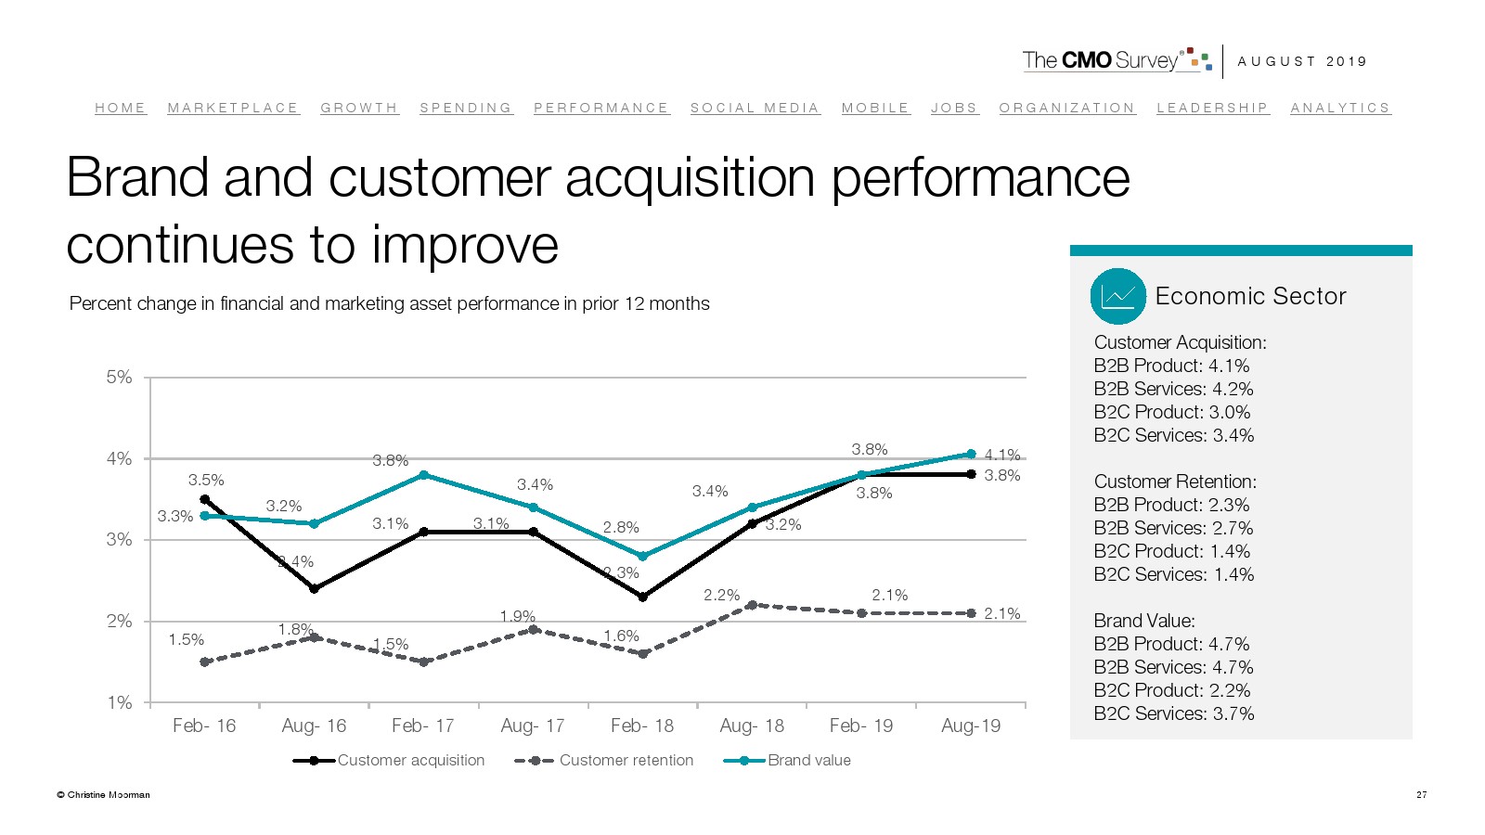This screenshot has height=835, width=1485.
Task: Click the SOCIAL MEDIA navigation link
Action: click(x=755, y=108)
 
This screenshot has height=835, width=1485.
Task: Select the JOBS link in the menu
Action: click(x=954, y=108)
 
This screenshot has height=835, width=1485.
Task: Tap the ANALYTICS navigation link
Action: click(x=1340, y=108)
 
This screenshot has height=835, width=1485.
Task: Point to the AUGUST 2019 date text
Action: click(x=1302, y=61)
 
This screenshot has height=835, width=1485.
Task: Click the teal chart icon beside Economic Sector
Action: click(x=1117, y=296)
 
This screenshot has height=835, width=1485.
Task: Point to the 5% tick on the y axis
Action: click(x=120, y=378)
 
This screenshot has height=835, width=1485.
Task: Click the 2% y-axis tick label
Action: click(x=120, y=621)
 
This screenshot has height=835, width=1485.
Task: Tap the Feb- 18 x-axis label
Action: click(x=642, y=726)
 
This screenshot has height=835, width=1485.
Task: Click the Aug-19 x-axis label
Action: click(x=971, y=726)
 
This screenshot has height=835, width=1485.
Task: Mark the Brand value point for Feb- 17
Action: click(x=424, y=475)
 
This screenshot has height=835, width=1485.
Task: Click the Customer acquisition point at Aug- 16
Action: click(x=315, y=589)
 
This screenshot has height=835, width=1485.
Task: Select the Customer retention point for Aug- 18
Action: click(x=752, y=605)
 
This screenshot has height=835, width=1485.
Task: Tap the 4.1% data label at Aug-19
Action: click(x=1002, y=455)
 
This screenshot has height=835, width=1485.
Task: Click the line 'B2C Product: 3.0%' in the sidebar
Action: click(x=1171, y=412)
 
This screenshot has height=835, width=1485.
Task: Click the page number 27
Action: click(x=1421, y=795)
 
